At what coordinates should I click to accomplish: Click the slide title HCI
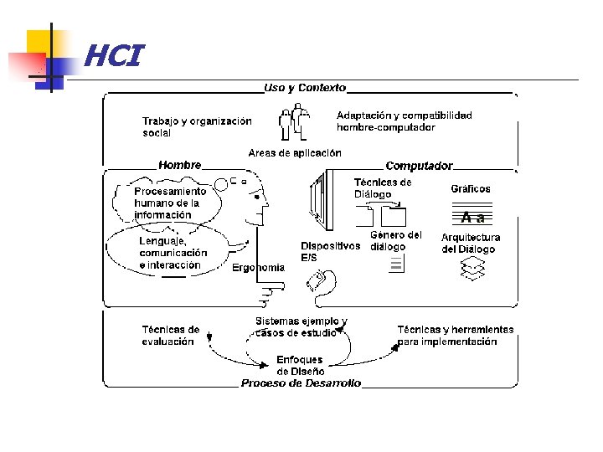tap(113, 57)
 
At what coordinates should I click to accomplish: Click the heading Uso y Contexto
tap(304, 88)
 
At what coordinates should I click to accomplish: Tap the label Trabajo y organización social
tap(197, 126)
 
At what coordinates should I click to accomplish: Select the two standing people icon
tap(294, 123)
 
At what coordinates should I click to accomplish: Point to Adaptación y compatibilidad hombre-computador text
tap(404, 121)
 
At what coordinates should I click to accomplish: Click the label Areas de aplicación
tap(295, 153)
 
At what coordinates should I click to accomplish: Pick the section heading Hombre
tap(179, 165)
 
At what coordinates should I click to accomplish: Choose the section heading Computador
tap(419, 166)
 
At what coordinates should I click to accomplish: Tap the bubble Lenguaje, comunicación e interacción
tap(173, 253)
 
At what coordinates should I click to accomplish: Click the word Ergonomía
tap(258, 268)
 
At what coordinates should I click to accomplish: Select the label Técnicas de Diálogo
tap(382, 188)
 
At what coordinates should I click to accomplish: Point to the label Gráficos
tap(471, 189)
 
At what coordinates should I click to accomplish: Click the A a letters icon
tap(473, 218)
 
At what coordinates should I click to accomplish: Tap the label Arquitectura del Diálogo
tap(471, 244)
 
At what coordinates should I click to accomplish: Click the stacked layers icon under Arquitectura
tap(472, 269)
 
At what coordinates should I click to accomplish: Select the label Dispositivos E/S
tap(330, 251)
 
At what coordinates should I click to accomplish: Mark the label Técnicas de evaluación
tap(171, 335)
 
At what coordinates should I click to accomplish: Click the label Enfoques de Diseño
tap(300, 366)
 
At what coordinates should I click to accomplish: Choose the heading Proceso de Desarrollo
tap(301, 383)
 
